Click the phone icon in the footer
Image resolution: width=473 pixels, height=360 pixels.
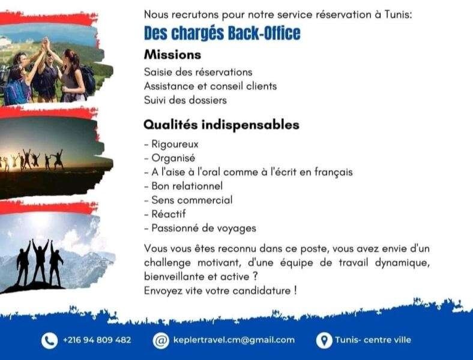49,341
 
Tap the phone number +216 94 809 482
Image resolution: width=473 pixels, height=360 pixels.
97,340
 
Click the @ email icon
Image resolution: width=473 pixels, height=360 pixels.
161,341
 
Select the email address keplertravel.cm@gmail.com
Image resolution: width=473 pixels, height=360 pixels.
234,340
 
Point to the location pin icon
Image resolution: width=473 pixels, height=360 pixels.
324,341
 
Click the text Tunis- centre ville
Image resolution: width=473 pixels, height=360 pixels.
373,340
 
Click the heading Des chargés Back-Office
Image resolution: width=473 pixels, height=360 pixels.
222,33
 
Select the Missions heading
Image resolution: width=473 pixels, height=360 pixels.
172,55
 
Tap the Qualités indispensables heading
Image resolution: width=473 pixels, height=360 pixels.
221,125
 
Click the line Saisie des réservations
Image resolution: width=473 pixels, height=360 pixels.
198,72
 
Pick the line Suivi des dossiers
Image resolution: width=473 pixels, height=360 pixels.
185,100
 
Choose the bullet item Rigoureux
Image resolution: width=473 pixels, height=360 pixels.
171,144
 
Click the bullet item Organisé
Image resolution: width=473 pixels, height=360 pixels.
170,158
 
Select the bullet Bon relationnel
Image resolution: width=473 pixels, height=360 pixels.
184,186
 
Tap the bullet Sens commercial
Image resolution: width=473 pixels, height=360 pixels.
188,200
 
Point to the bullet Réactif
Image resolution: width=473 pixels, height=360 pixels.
165,214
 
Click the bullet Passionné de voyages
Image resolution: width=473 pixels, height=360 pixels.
200,228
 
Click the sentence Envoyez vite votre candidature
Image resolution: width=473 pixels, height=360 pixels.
220,290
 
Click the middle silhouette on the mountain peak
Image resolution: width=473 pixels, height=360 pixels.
40,262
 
